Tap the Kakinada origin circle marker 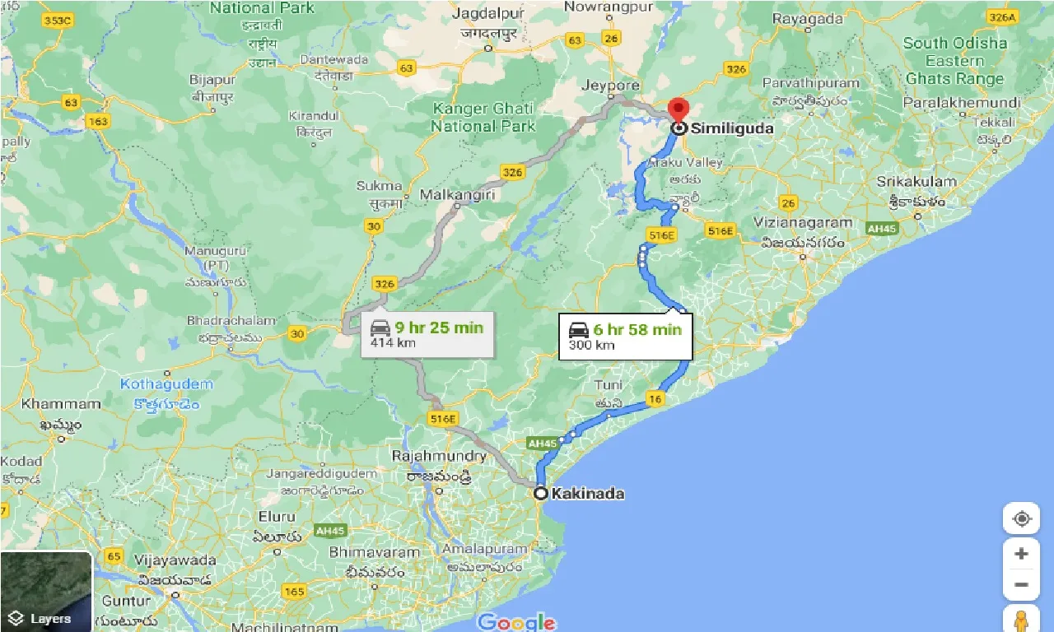click(540, 494)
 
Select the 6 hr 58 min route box click(626, 336)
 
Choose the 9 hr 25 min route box click(427, 333)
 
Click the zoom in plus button click(1021, 554)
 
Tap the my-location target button click(1021, 518)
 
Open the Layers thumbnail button click(46, 591)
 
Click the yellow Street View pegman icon click(1021, 619)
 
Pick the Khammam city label click(61, 404)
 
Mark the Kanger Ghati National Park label click(483, 117)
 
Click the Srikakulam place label click(916, 181)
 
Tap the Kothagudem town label click(166, 384)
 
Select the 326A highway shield click(1002, 16)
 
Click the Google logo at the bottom click(516, 622)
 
